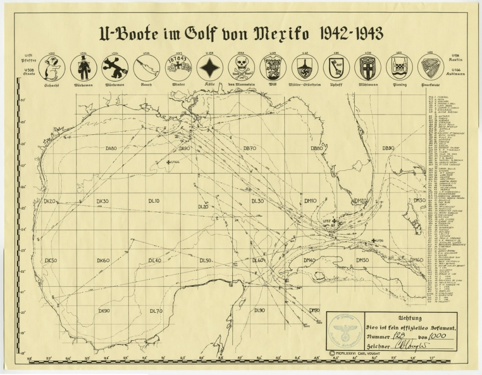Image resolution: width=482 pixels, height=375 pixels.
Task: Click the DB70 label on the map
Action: pos(250,148)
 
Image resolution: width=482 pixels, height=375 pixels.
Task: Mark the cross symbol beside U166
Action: pos(168,162)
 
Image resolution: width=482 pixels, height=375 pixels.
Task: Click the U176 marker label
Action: pos(378,240)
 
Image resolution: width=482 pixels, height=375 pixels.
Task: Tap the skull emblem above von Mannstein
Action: pos(241,68)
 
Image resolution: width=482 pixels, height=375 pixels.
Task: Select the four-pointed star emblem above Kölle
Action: pos(210,68)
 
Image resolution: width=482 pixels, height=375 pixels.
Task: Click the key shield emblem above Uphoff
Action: pos(336,68)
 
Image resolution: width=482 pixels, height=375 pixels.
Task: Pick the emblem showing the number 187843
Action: pos(179,68)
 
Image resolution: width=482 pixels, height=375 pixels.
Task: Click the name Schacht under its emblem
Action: pos(52,85)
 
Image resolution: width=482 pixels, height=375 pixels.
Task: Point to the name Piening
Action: pos(399,85)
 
